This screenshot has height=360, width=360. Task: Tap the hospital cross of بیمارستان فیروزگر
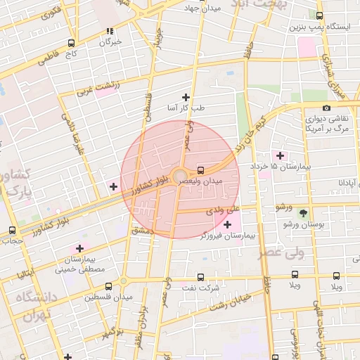(x=226, y=224)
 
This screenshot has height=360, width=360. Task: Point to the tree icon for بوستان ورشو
(x=303, y=212)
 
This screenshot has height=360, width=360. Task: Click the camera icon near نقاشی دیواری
(x=326, y=108)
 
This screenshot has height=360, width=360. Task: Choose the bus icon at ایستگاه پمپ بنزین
(x=320, y=15)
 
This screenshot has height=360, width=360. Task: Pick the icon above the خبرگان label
(x=109, y=31)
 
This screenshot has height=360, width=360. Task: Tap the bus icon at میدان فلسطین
(x=108, y=286)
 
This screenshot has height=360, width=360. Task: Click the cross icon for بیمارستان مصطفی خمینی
(x=79, y=248)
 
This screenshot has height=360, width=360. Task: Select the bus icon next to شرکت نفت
(x=200, y=277)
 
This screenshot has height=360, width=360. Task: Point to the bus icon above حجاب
(x=12, y=230)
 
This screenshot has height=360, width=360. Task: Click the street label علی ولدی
(x=224, y=210)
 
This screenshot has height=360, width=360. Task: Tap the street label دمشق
(x=141, y=231)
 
